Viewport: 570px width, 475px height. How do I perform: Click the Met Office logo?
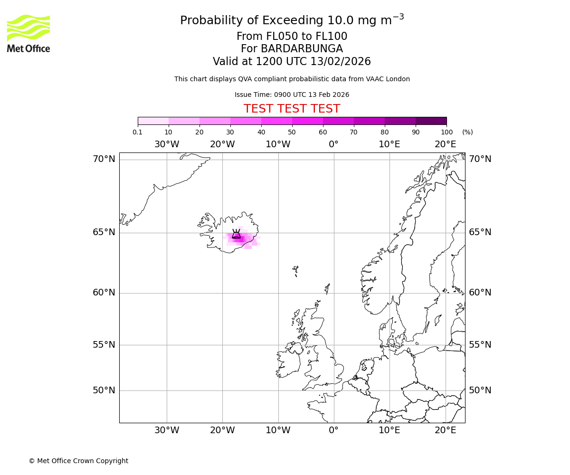click(x=28, y=33)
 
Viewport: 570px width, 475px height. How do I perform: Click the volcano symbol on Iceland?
click(x=236, y=234)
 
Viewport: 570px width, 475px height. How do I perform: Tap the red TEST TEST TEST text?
click(x=292, y=109)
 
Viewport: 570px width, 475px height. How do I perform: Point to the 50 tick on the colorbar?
click(x=292, y=132)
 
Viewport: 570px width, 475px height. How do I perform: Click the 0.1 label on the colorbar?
click(x=137, y=132)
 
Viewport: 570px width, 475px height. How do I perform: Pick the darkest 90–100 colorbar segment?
click(x=431, y=121)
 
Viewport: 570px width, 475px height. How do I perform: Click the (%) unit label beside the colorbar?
click(x=467, y=132)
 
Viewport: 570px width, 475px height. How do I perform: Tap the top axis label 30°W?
click(x=167, y=144)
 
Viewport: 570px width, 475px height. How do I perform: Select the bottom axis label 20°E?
click(x=445, y=430)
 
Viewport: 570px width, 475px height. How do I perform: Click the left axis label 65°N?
click(x=104, y=232)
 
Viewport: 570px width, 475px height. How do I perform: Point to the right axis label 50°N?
click(x=480, y=390)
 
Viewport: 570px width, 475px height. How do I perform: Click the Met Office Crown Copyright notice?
click(x=78, y=461)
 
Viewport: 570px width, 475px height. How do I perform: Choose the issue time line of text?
click(x=292, y=95)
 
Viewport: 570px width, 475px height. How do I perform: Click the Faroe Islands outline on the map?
click(x=295, y=271)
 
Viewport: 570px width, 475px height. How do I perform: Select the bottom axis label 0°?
click(x=333, y=430)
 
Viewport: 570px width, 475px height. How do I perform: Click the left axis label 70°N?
click(x=104, y=159)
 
